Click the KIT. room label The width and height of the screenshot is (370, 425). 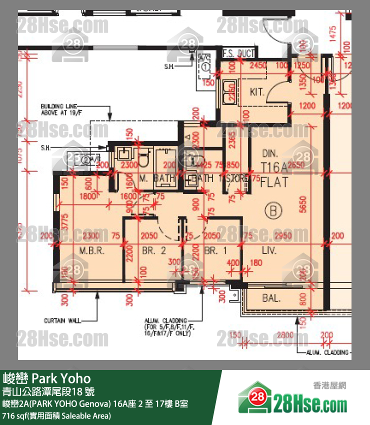point(257,92)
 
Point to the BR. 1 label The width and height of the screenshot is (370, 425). point(211,251)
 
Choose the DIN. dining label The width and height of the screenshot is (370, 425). point(271,154)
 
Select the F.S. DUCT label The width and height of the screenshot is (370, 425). point(239,54)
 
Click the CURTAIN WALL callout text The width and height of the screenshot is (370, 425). point(62,320)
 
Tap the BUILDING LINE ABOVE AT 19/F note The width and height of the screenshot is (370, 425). point(59,109)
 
